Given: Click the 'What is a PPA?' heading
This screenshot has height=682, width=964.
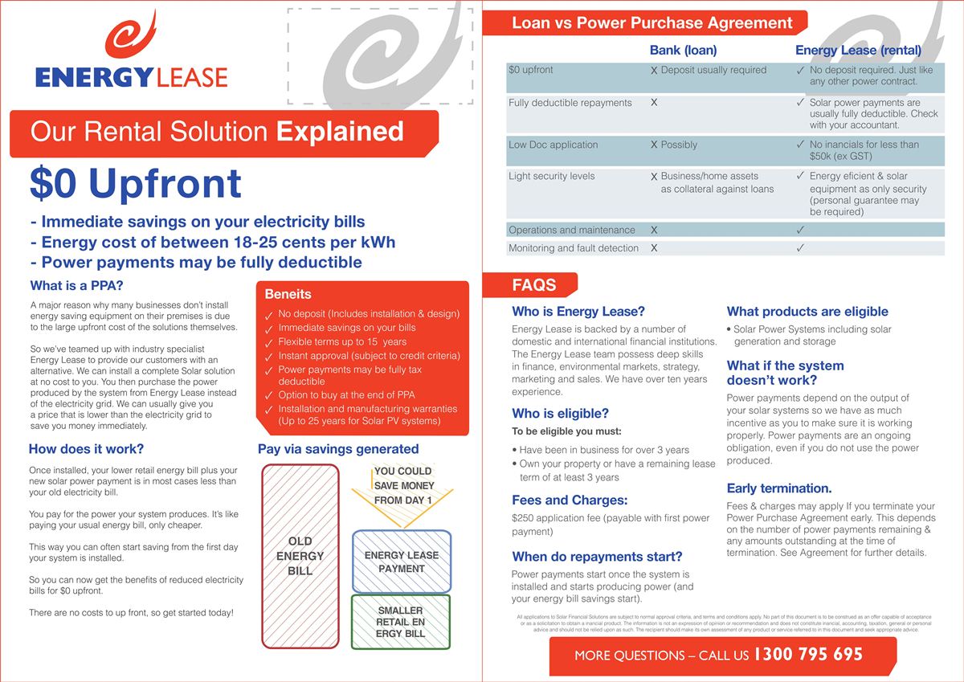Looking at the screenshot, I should tap(76, 285).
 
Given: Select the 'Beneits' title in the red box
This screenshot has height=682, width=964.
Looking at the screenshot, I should tap(288, 295).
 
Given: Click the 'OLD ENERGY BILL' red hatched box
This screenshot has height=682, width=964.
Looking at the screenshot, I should tap(300, 555).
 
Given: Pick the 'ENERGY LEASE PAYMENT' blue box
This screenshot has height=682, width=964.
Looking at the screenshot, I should tap(401, 562).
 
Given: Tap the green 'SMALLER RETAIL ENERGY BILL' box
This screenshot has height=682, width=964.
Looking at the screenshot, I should tap(401, 622).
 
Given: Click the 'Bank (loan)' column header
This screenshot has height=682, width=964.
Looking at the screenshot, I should tap(683, 50).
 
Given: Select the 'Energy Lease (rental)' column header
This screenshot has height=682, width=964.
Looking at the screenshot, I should tap(858, 50).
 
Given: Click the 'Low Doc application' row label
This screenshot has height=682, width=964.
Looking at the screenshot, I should tap(553, 145).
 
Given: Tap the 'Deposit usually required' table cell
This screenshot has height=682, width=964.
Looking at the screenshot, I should tap(713, 70).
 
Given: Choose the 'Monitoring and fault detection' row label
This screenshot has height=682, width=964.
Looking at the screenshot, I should tap(573, 248).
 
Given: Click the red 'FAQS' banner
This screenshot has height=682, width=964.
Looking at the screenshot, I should tap(533, 285).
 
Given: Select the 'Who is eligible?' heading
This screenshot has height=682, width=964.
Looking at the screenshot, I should tap(560, 414).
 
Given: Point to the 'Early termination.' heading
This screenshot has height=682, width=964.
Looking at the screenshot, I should tap(778, 488).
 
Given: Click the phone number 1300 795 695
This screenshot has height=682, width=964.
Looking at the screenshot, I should tap(807, 655).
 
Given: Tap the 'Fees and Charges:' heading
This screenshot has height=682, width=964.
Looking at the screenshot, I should tap(569, 500).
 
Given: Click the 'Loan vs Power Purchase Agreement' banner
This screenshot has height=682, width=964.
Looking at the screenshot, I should tap(652, 22).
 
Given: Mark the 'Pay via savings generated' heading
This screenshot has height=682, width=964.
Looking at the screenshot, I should tap(338, 449).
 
